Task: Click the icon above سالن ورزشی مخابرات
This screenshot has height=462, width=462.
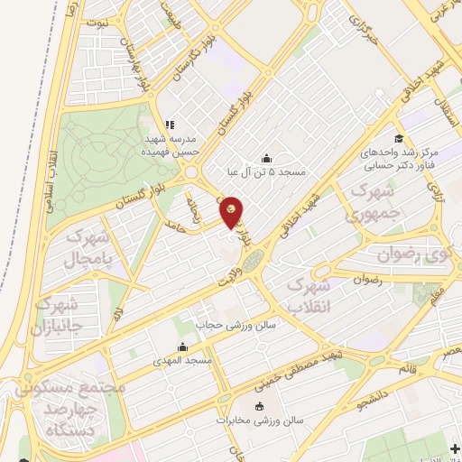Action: point(260,405)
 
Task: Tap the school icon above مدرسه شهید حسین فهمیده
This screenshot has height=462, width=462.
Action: point(169,125)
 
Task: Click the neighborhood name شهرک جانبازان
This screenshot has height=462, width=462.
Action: point(55,315)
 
